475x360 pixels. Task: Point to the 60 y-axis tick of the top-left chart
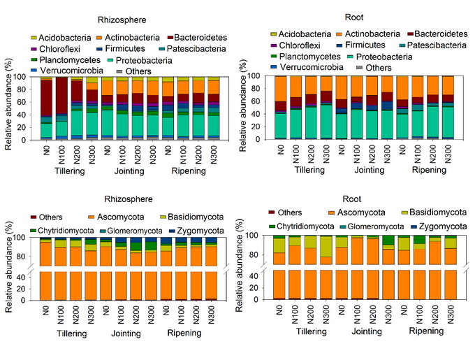(x=26, y=101)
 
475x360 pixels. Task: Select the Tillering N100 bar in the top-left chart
(x=61, y=108)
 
